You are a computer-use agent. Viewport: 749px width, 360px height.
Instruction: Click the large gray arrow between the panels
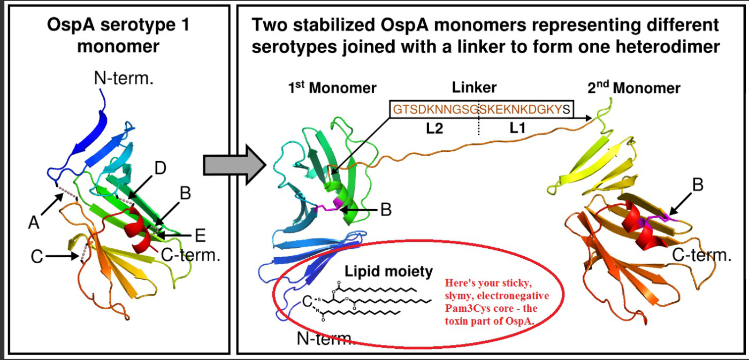[234, 166]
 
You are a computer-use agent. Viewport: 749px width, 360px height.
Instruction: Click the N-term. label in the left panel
[124, 79]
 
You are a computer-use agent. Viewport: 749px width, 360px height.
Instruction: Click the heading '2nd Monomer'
[634, 88]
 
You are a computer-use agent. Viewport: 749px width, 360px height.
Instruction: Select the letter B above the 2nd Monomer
[697, 185]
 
